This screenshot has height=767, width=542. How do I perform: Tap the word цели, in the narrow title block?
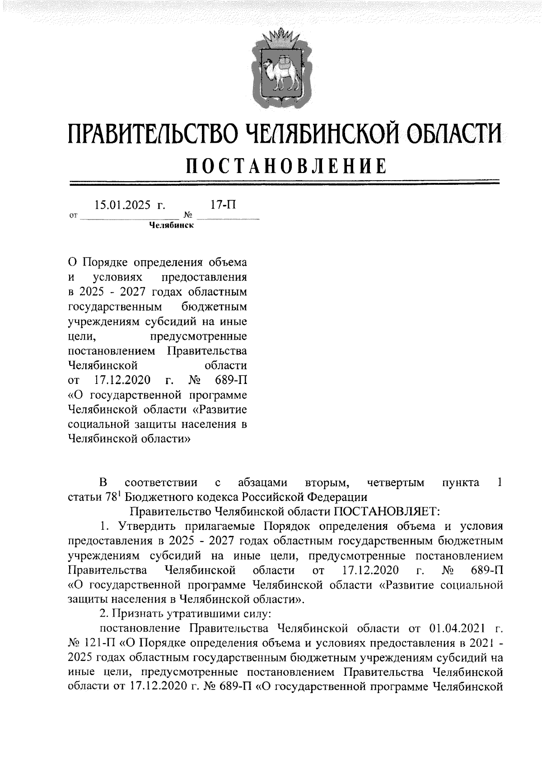81,337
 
